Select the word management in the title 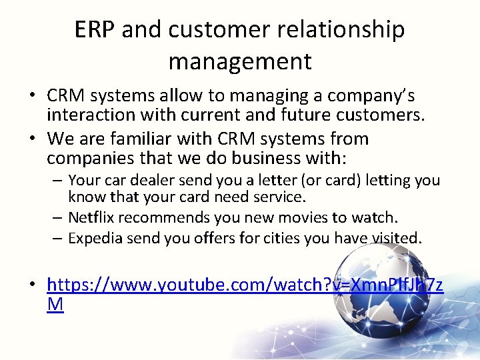click(x=240, y=61)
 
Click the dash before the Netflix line click(x=59, y=217)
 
